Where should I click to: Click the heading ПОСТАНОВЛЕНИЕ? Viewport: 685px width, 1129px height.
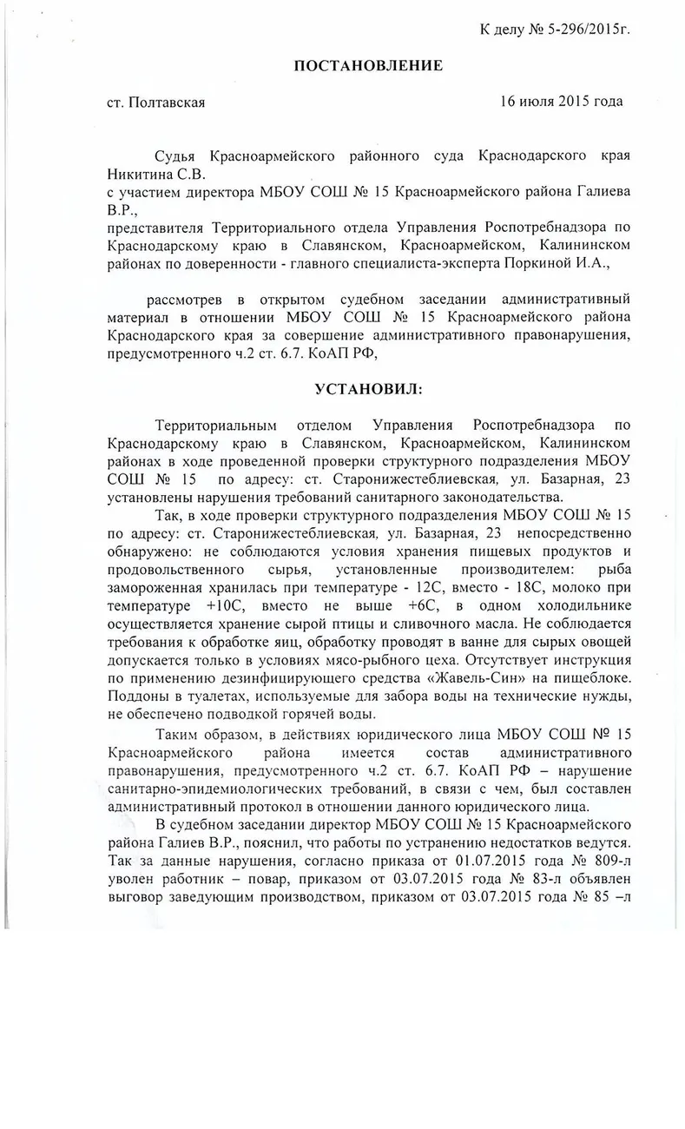tap(367, 66)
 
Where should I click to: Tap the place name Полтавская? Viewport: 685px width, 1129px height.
tap(168, 102)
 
